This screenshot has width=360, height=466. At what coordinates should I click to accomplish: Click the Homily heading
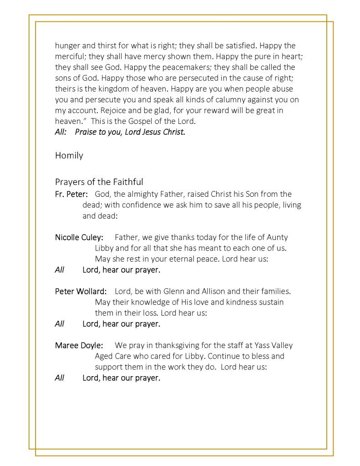coord(69,156)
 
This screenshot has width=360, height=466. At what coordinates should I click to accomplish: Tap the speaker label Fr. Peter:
coord(71,195)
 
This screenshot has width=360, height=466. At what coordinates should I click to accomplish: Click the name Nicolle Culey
coord(79,237)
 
